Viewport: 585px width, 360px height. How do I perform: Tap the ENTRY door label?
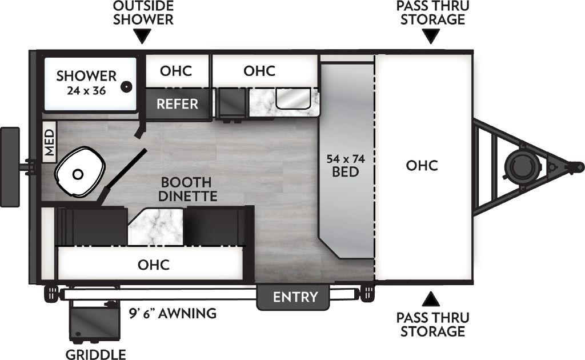294,297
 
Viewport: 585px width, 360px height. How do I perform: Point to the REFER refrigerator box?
177,104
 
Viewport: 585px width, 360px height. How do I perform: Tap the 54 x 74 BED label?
346,165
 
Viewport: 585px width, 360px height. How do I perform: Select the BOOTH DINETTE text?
186,190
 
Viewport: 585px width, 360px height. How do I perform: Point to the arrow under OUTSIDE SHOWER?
143,38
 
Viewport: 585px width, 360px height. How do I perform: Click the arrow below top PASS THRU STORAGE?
432,38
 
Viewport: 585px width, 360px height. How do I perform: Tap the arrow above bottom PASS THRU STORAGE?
432,298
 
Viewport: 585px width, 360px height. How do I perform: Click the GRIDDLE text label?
95,354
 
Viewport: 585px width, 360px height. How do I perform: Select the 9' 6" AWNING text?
172,313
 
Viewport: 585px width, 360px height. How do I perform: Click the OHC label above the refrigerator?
175,71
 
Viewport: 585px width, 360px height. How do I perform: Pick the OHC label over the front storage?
422,166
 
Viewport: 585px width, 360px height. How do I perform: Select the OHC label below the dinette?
154,265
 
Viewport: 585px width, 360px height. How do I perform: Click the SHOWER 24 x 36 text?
86,83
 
